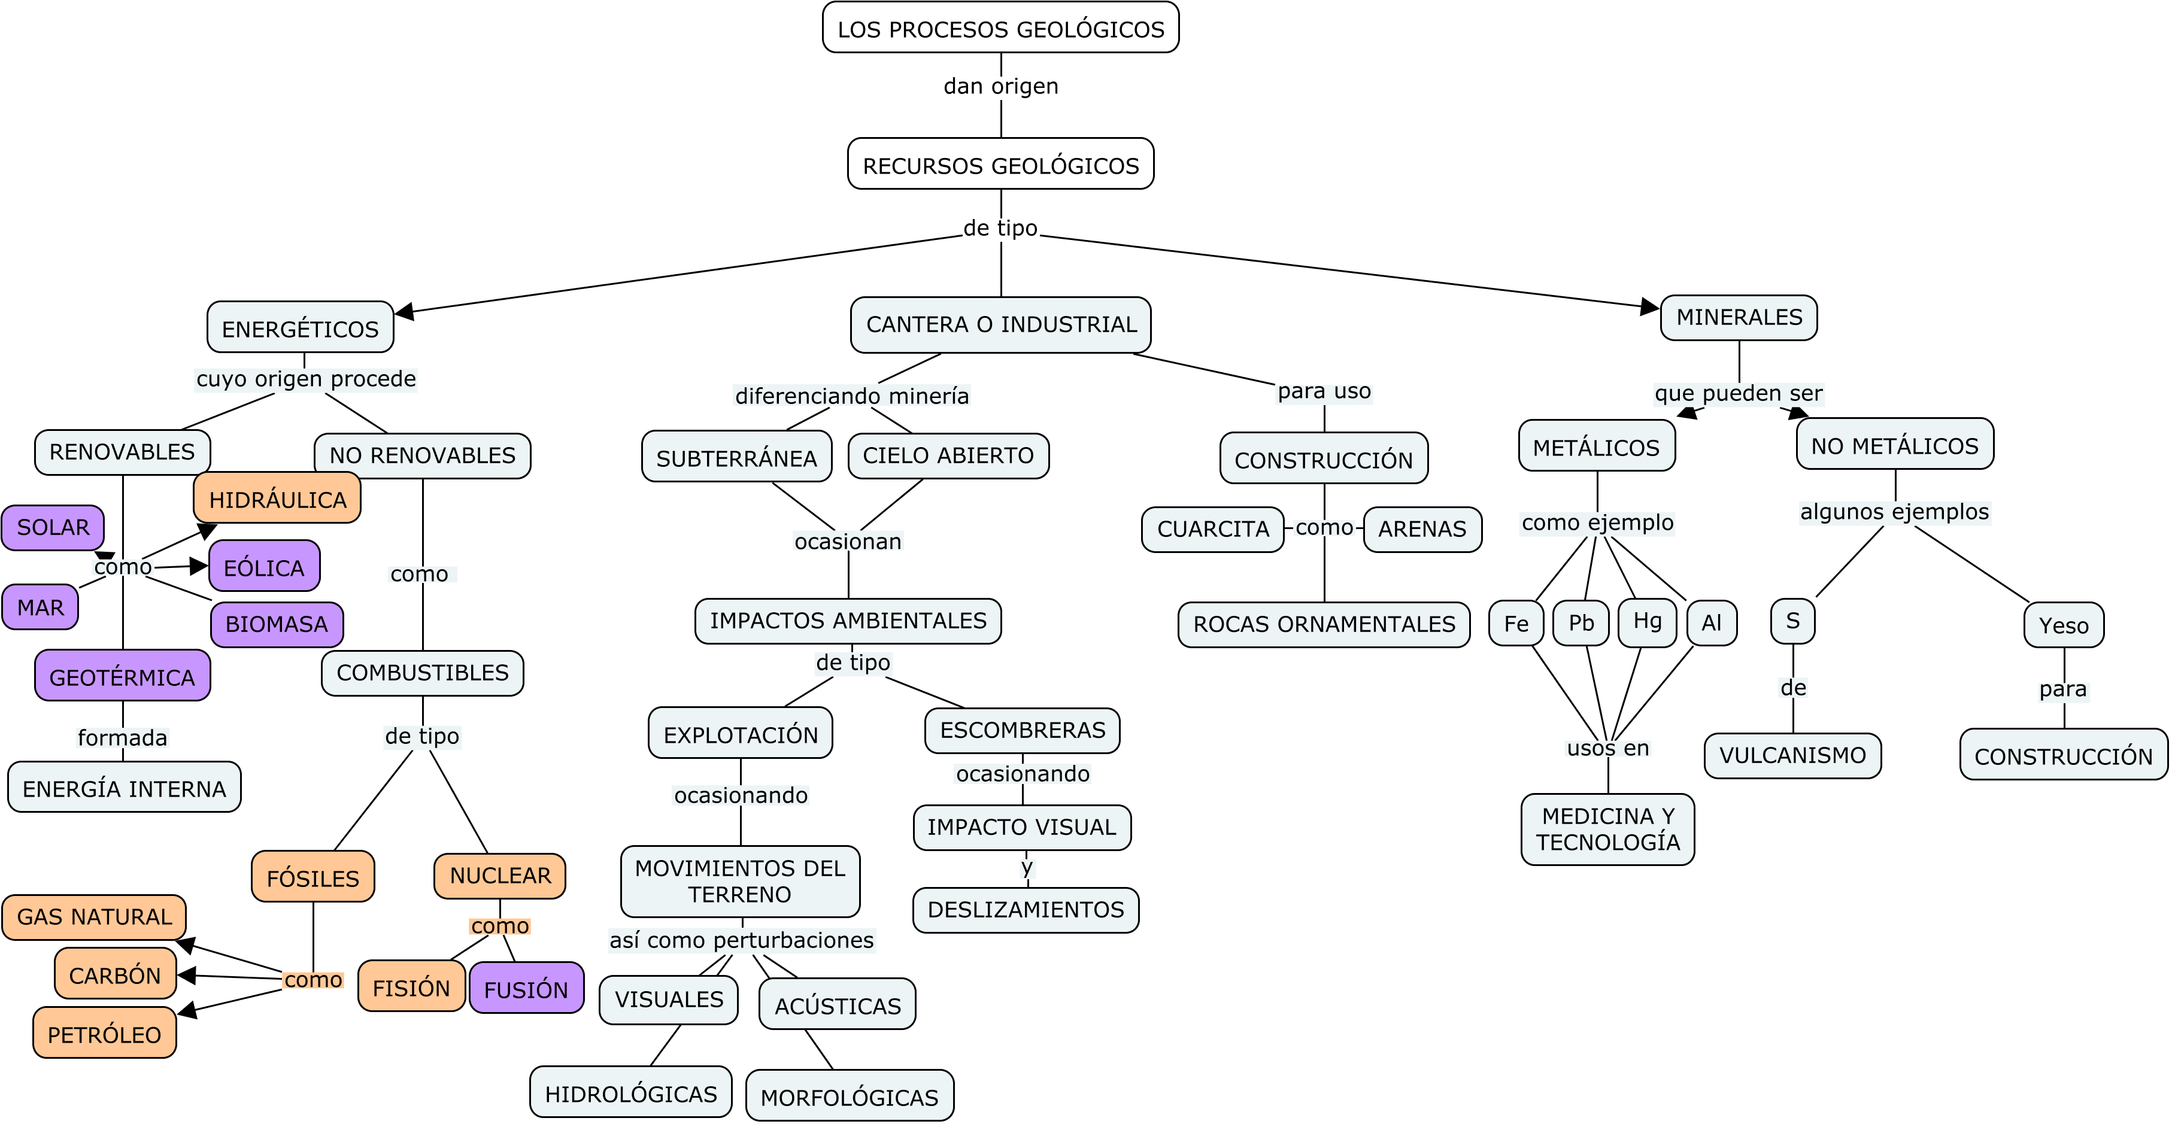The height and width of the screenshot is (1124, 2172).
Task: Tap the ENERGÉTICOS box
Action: click(x=300, y=328)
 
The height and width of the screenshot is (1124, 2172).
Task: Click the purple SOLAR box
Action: click(x=52, y=528)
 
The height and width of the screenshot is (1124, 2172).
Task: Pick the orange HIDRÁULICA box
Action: click(x=277, y=499)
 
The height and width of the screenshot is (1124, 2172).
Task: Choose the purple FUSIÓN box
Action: click(x=526, y=988)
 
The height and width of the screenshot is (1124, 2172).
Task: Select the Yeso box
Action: click(x=2063, y=625)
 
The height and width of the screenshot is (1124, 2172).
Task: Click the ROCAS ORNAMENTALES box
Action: click(x=1323, y=624)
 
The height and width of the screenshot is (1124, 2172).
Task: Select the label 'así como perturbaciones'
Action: click(x=741, y=939)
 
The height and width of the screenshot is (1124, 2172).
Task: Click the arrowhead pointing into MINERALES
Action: click(x=1650, y=307)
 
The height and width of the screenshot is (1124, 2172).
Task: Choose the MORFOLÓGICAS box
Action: click(x=849, y=1096)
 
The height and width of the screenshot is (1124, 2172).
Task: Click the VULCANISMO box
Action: click(x=1792, y=755)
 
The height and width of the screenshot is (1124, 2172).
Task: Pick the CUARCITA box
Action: click(x=1212, y=528)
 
